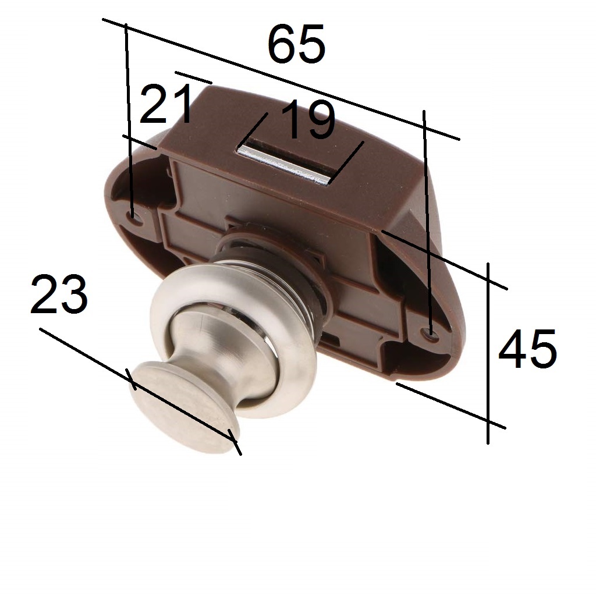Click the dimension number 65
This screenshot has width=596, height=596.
tap(296, 44)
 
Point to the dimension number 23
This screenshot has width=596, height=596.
tap(59, 294)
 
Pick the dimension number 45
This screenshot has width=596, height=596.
tap(527, 349)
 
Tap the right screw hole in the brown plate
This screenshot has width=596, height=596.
tap(431, 332)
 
